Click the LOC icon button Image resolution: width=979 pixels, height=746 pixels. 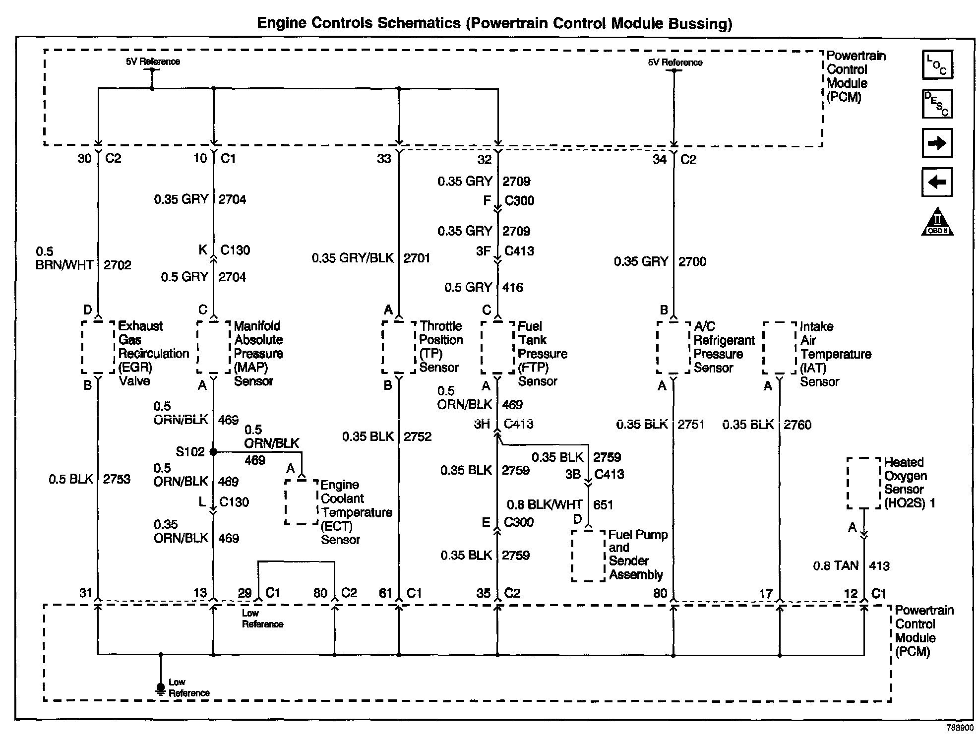point(937,65)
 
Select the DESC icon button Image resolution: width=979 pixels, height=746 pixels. point(937,104)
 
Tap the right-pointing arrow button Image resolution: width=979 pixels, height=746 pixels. point(937,143)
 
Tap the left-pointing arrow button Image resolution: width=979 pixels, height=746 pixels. point(937,182)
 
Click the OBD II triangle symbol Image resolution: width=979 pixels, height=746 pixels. point(937,222)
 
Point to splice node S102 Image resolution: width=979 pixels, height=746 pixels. point(213,452)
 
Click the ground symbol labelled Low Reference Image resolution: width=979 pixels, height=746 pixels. point(161,688)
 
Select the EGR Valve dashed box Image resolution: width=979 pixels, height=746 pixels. point(98,347)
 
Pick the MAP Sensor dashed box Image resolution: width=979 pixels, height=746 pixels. point(214,347)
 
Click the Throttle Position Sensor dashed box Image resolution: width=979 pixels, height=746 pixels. point(399,347)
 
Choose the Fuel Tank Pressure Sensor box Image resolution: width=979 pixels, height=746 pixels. point(497,347)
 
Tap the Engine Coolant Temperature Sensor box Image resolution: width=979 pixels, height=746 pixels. point(301,501)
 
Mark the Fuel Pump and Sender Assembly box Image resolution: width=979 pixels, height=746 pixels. point(588,556)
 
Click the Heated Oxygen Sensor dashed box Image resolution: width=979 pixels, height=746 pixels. point(863,483)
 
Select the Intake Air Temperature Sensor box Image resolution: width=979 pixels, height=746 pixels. point(779,348)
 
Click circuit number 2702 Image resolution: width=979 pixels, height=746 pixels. point(118,265)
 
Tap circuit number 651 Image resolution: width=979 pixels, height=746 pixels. point(603,505)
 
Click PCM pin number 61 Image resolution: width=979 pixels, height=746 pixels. point(385,593)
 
